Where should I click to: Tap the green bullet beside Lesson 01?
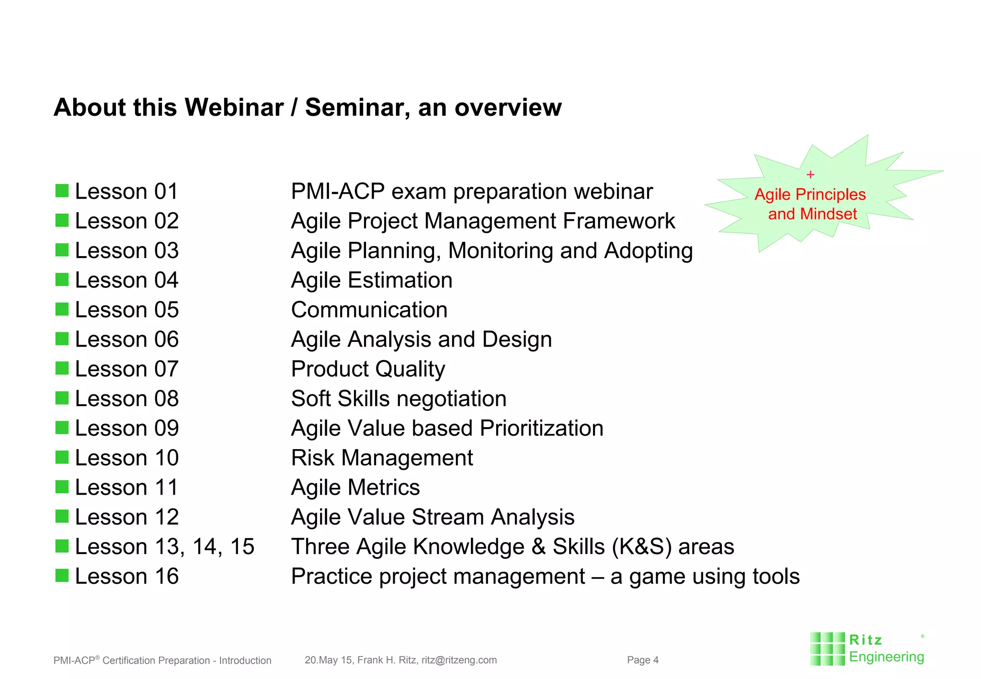pos(62,191)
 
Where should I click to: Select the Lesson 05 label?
pos(126,310)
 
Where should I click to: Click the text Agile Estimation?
pos(372,280)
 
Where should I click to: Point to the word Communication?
pos(369,310)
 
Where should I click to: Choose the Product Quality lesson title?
pos(368,369)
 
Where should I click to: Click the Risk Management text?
pos(382,458)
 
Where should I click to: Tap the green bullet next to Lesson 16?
pos(62,575)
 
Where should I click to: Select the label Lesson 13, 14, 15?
pos(164,547)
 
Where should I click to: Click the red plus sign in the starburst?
pos(810,175)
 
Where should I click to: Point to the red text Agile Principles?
pos(810,194)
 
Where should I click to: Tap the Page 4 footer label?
pos(642,660)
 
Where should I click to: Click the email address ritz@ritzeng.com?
pos(459,660)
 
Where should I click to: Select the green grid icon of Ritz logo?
pos(827,649)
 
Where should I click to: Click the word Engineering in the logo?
pos(886,657)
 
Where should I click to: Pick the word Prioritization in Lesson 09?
pos(541,428)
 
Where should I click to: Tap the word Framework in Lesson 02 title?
pos(618,221)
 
